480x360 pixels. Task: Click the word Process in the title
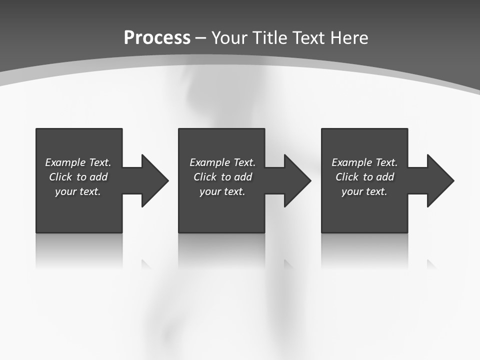pyautogui.click(x=157, y=38)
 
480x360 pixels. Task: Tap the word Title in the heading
pyautogui.click(x=270, y=38)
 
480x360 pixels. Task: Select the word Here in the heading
pyautogui.click(x=349, y=38)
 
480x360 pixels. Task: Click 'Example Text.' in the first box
pyautogui.click(x=78, y=162)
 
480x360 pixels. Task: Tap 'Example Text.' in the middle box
pyautogui.click(x=222, y=162)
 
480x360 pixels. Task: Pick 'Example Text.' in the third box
pyautogui.click(x=364, y=162)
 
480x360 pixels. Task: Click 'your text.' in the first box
pyautogui.click(x=78, y=191)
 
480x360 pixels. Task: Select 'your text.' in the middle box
pyautogui.click(x=222, y=191)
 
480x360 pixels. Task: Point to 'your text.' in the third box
pyautogui.click(x=364, y=191)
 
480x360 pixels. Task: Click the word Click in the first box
pyautogui.click(x=60, y=177)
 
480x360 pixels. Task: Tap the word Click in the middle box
pyautogui.click(x=205, y=177)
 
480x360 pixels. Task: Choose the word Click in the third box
pyautogui.click(x=347, y=177)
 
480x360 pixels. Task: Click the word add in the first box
pyautogui.click(x=98, y=177)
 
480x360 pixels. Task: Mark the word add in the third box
pyautogui.click(x=385, y=177)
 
